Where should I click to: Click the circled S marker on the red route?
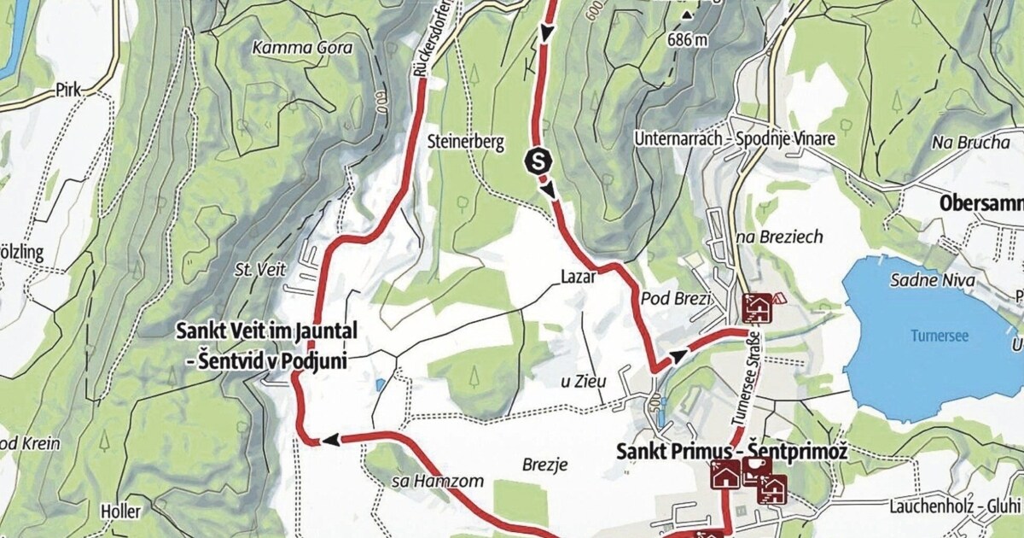tap(538, 158)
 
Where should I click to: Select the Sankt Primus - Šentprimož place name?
tap(731, 451)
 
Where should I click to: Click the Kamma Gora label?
tap(303, 48)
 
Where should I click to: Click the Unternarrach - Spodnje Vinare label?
tap(731, 137)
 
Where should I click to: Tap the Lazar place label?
tap(578, 277)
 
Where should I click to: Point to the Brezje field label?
tap(544, 465)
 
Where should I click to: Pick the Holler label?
tap(119, 511)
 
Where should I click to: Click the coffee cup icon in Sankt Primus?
tap(756, 465)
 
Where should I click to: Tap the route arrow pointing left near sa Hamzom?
tap(329, 440)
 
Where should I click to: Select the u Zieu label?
tap(582, 382)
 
